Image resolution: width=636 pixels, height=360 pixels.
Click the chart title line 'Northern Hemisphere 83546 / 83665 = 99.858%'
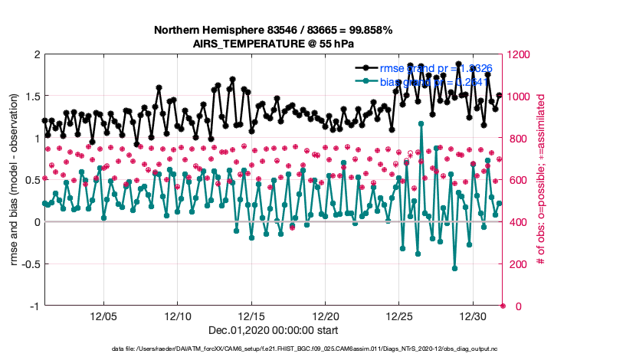pyautogui.click(x=274, y=30)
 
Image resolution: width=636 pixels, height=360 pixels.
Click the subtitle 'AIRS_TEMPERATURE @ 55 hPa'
pyautogui.click(x=274, y=44)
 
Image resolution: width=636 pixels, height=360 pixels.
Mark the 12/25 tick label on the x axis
pyautogui.click(x=399, y=316)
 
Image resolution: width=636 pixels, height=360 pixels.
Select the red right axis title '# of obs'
pyautogui.click(x=541, y=180)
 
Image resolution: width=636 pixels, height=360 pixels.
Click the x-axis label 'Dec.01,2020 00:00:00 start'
pyautogui.click(x=274, y=330)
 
